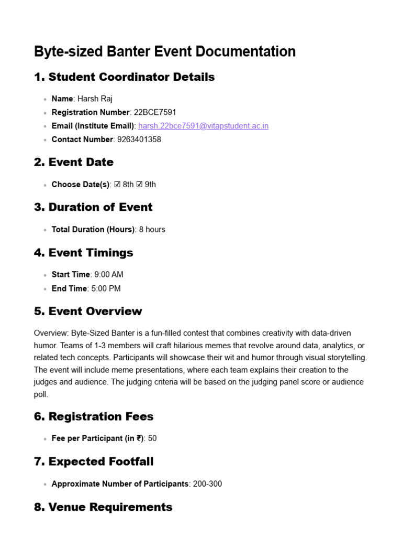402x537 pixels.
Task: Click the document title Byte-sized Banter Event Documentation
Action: pyautogui.click(x=164, y=51)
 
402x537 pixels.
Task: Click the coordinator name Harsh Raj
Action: pyautogui.click(x=95, y=99)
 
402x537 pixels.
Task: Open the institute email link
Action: pyautogui.click(x=203, y=126)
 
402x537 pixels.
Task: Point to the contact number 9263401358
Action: pyautogui.click(x=138, y=139)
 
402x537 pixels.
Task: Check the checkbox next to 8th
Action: pyautogui.click(x=117, y=185)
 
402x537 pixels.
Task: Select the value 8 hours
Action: pyautogui.click(x=152, y=230)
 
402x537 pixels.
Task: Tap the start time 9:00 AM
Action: pyautogui.click(x=109, y=274)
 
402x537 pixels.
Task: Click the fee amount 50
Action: pyautogui.click(x=152, y=438)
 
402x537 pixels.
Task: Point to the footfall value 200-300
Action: pyautogui.click(x=207, y=484)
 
